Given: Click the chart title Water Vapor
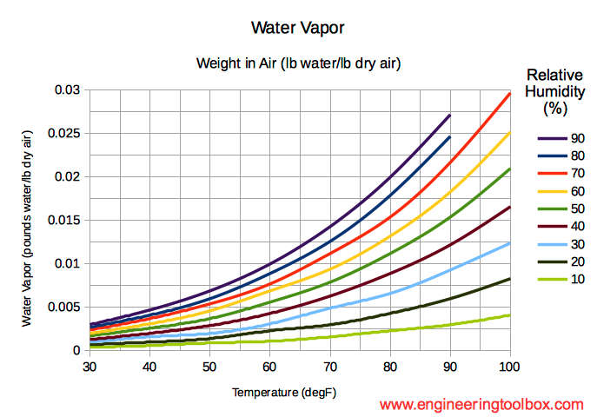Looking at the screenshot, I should tap(297, 28).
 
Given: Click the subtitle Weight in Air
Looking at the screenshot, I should tap(297, 63).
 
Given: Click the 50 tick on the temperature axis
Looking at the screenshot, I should tap(209, 367).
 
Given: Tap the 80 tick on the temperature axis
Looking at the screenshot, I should tap(389, 367).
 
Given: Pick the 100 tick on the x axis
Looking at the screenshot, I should tap(509, 367).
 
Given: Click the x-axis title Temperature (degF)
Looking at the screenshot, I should tap(283, 393).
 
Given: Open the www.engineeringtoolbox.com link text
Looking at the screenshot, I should tap(481, 405).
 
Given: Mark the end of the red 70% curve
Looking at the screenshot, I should tap(509, 93).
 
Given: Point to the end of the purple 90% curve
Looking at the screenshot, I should tap(449, 115).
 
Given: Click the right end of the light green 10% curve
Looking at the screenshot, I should tap(509, 314).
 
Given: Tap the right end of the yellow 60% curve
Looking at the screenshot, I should tap(509, 133).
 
